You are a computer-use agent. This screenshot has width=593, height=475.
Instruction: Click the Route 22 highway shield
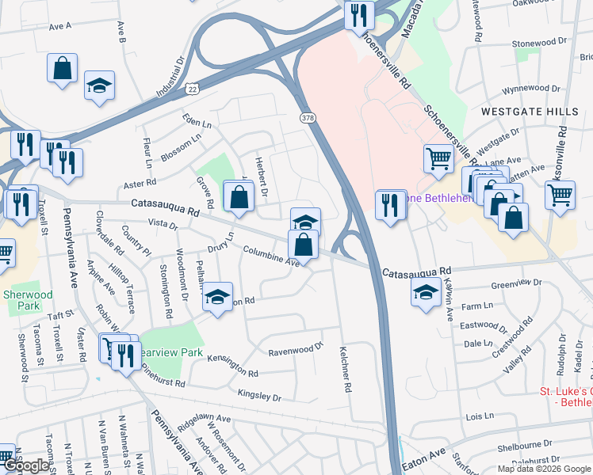click(x=193, y=89)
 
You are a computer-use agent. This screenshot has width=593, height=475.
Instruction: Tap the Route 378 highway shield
click(x=307, y=118)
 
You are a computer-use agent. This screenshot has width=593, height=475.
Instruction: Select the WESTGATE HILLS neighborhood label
click(x=529, y=112)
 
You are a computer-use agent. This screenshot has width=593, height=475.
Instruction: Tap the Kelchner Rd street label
click(x=345, y=369)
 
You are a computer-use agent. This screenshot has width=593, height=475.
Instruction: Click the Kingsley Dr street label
click(x=259, y=394)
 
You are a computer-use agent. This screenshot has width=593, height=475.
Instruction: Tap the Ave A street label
click(x=59, y=26)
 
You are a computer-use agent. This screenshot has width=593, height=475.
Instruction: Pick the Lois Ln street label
click(x=480, y=416)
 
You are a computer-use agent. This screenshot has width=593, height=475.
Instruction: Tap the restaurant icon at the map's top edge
click(x=359, y=14)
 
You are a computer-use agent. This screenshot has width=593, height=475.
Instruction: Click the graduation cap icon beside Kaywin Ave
click(x=426, y=293)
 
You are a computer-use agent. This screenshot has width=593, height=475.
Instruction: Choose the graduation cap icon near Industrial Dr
click(x=100, y=85)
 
